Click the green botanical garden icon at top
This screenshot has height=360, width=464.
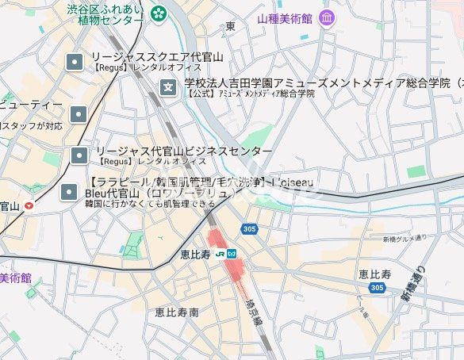pos(159,12)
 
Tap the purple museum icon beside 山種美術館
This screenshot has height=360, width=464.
pos(327,17)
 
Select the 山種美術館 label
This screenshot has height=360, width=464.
pos(286,17)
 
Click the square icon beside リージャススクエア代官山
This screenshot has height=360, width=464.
pos(75,60)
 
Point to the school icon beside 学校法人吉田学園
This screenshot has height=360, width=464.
pos(168,86)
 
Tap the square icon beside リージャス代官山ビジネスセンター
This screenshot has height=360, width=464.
pos(79,154)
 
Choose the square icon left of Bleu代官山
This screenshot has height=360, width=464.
pos(71,191)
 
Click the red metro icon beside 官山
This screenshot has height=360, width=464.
pos(29,206)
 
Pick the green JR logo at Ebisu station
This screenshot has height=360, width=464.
pos(218,254)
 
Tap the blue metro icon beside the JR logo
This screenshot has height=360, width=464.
pos(232,254)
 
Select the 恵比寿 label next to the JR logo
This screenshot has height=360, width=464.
pos(194,254)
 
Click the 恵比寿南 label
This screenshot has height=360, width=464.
pos(177,312)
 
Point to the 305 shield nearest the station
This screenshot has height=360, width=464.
pos(249,228)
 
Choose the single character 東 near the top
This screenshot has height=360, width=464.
pos(230,26)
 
